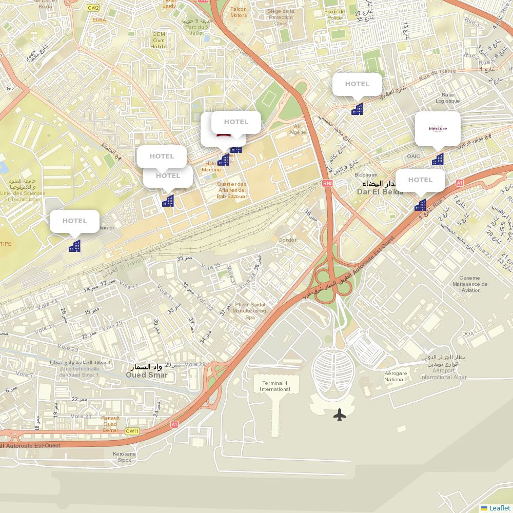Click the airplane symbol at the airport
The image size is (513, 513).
(x=340, y=415)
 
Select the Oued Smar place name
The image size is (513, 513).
(x=147, y=374)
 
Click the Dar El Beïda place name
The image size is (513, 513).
(x=380, y=191)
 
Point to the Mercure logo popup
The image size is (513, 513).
(x=438, y=129)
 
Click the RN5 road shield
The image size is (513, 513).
(x=328, y=183)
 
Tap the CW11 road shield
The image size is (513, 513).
(x=132, y=431)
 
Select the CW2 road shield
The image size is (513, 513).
(x=93, y=8)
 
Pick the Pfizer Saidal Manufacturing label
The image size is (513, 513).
(x=250, y=311)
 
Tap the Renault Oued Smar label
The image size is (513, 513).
(x=110, y=424)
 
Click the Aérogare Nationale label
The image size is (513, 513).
(x=396, y=377)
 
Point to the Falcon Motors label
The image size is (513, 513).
(x=238, y=12)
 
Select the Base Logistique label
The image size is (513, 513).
(x=448, y=97)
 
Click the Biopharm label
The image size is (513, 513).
(x=366, y=175)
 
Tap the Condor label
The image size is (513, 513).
(x=287, y=240)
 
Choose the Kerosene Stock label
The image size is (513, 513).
(x=124, y=457)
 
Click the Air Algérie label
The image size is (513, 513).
(x=298, y=129)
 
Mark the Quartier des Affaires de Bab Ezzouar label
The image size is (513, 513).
(x=232, y=190)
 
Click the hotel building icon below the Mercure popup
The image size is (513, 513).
(x=438, y=160)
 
